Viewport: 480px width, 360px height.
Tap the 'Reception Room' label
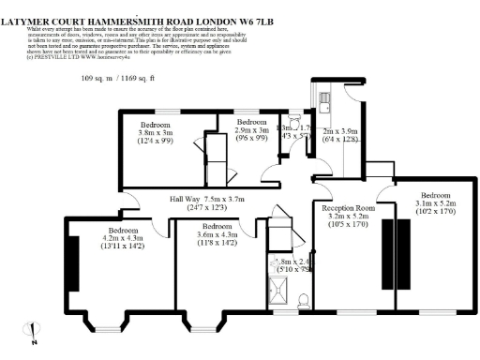click(x=348, y=208)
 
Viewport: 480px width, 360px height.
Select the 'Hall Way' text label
click(x=185, y=200)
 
